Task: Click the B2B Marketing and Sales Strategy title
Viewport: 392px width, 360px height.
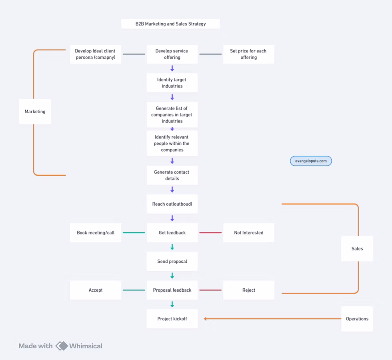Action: click(170, 24)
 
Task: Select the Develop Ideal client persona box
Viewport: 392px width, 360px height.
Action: click(96, 54)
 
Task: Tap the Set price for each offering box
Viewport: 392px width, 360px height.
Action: click(248, 54)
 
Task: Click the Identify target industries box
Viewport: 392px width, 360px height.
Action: click(172, 83)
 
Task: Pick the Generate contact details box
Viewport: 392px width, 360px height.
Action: click(172, 175)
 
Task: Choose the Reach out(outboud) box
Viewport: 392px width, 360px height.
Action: click(172, 204)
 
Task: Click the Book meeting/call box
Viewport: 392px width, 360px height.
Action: click(96, 233)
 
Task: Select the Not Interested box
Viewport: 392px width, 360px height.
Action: click(248, 233)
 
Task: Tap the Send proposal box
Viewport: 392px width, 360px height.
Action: click(172, 261)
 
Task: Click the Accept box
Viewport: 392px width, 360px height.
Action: click(96, 290)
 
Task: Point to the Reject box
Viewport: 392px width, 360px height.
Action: click(248, 290)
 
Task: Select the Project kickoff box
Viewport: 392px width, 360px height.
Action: click(172, 319)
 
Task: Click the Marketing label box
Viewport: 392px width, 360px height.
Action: click(35, 112)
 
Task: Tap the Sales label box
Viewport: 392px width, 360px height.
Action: click(357, 249)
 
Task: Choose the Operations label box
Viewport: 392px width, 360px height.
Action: click(357, 319)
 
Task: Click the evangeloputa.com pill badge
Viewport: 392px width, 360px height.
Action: click(311, 161)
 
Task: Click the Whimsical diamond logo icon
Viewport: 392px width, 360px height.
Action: click(62, 346)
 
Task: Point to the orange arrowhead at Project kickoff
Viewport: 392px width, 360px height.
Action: click(205, 319)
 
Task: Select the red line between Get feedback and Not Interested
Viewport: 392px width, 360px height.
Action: click(210, 233)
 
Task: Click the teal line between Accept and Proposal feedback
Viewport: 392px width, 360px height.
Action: click(134, 290)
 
